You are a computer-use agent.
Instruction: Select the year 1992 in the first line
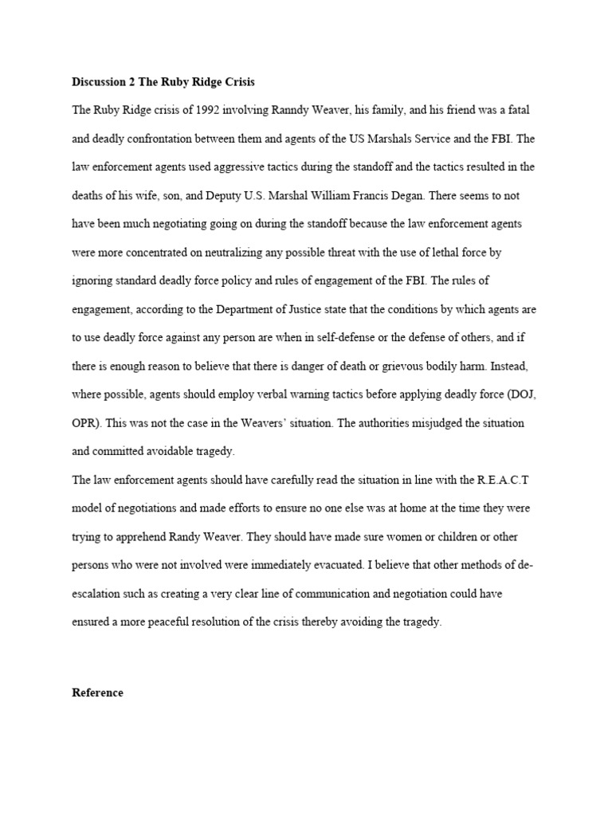tap(198, 110)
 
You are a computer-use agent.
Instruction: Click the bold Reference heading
tap(97, 692)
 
